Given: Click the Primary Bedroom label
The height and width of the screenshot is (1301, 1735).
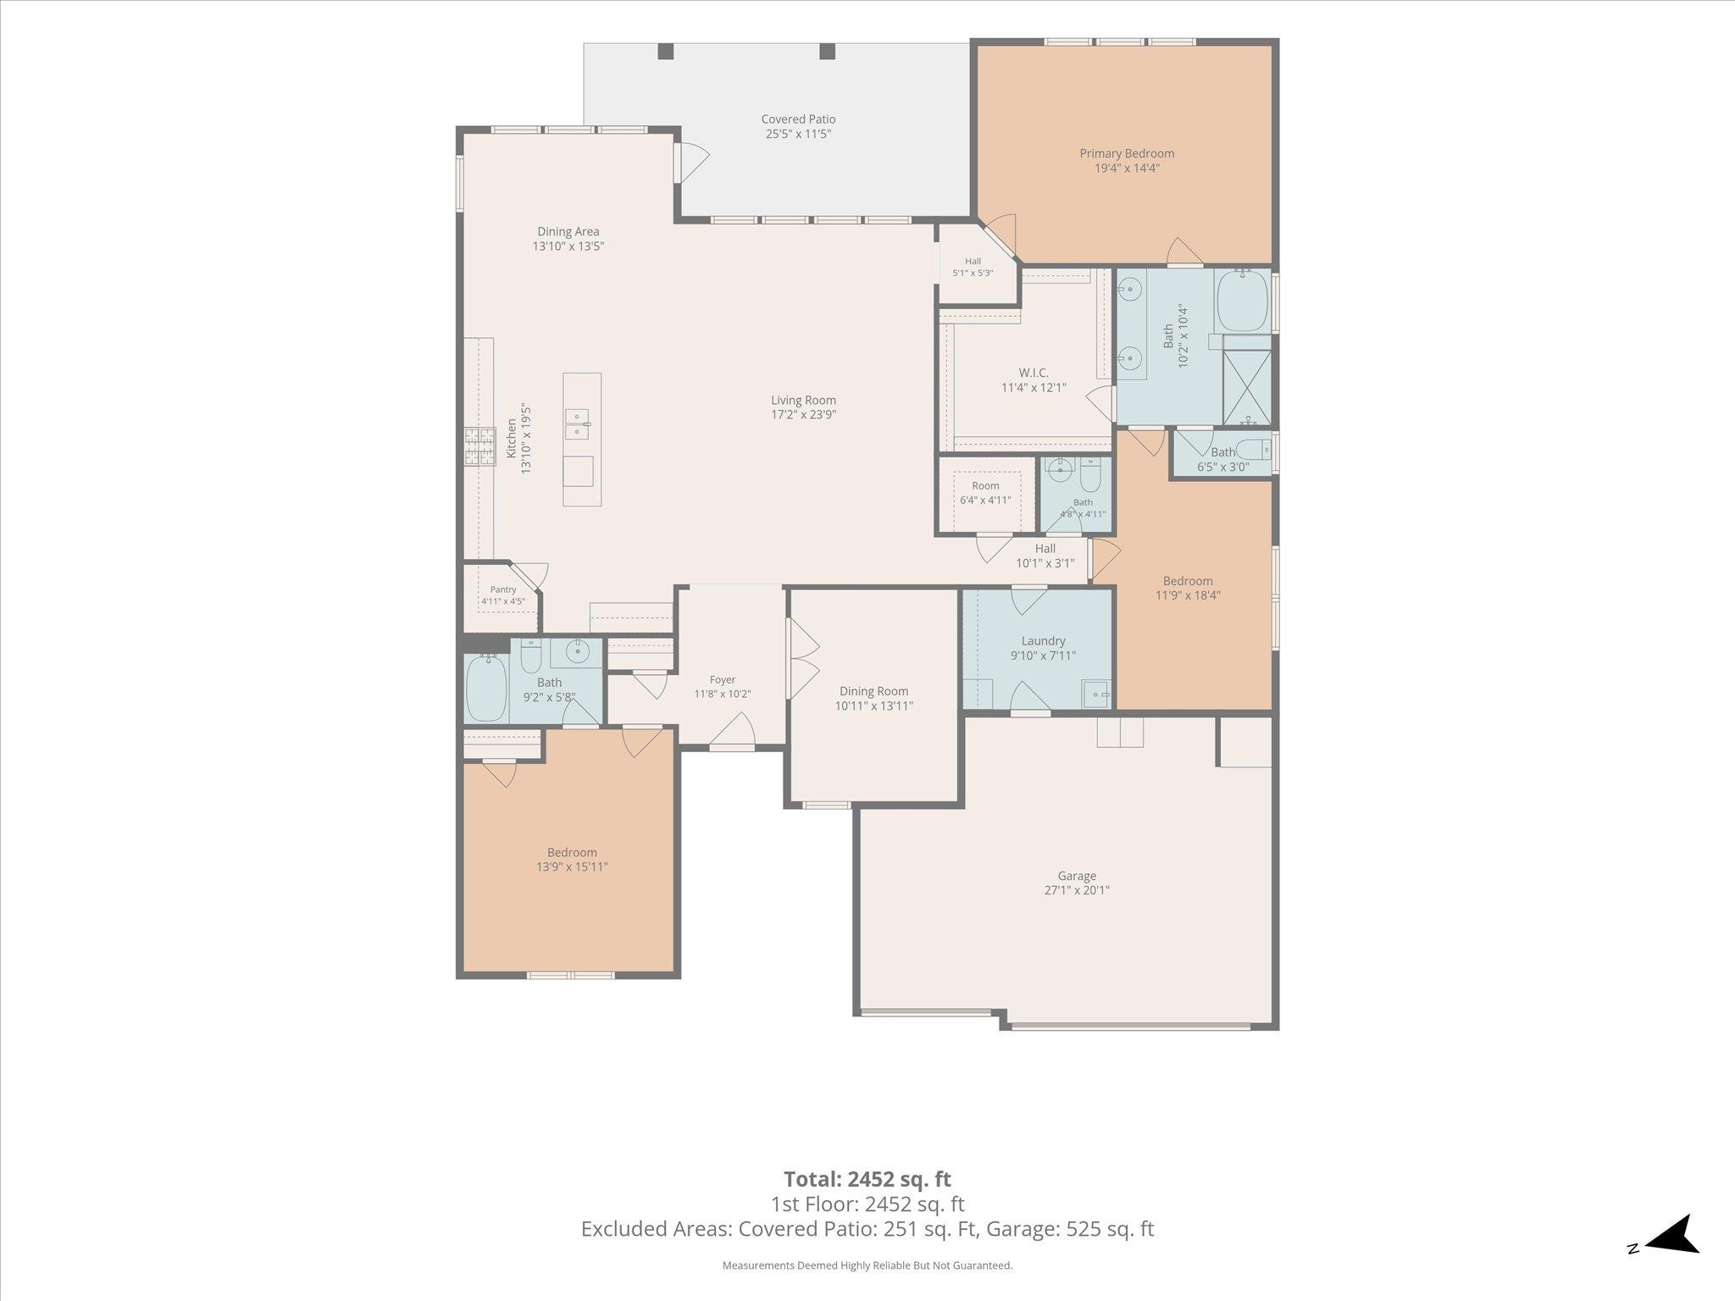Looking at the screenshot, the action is coord(1127,153).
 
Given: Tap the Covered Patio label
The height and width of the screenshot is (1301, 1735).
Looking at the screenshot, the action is coord(798,119).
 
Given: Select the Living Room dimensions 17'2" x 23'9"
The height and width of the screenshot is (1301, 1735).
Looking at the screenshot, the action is coord(803,415).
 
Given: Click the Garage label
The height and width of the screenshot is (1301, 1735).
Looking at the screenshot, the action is coord(1077,876).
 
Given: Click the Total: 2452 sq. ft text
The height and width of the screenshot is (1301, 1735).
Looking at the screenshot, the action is coord(867,1179).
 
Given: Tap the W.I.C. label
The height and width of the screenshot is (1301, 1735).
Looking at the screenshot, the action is coord(1034,373).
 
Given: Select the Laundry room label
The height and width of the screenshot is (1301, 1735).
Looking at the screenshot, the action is coord(1043,641).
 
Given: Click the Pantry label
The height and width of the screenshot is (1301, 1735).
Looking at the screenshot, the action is coord(503,590).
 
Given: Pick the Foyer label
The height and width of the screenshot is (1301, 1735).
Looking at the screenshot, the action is coord(723,679).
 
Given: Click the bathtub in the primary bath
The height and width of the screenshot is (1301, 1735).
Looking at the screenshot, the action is coord(1243,301).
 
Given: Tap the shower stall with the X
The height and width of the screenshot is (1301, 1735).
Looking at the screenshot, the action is coord(1247,387).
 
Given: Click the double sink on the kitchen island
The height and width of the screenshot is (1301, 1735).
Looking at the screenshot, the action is coord(578,424).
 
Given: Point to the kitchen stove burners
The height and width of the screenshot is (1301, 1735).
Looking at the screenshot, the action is coord(479,447).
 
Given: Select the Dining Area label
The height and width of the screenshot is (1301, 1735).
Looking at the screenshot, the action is coord(568,231).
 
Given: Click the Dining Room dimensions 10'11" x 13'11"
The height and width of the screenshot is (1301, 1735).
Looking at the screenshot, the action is coord(874,706).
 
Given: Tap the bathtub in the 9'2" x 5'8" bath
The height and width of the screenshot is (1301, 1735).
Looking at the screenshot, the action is coord(486,688).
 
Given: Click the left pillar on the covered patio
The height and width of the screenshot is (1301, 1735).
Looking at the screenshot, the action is coord(666,51).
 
